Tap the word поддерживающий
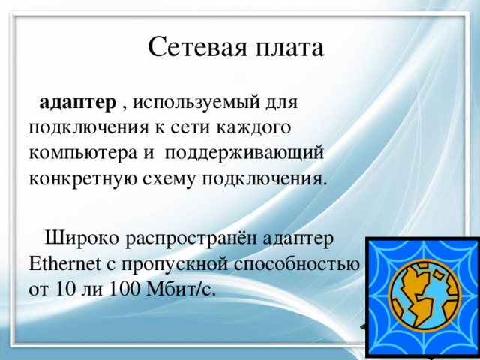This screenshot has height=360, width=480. (244, 154)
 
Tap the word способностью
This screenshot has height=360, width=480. (298, 265)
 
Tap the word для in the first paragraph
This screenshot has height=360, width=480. (284, 102)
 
